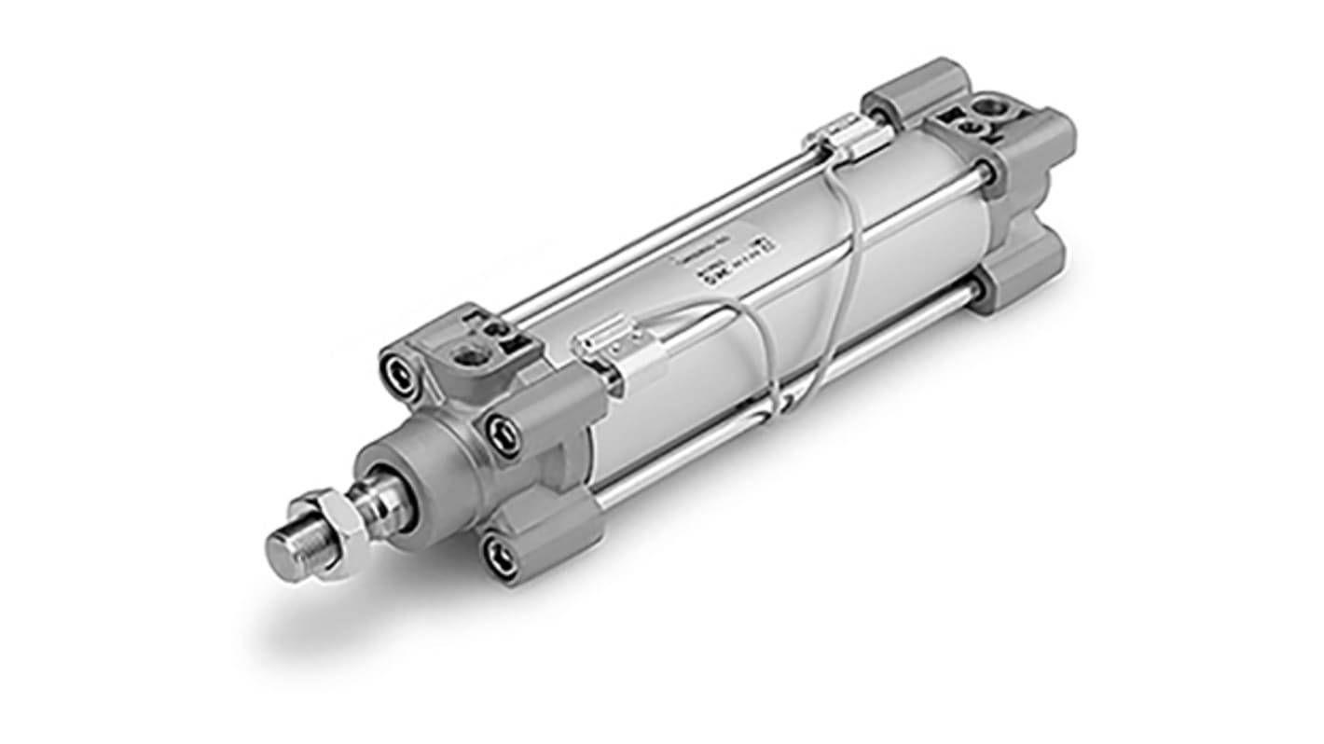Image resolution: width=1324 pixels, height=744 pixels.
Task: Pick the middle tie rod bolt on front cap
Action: pos(503,435)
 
